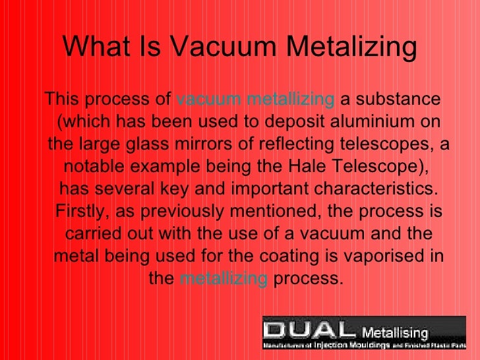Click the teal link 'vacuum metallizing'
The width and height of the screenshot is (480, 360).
[x=256, y=100]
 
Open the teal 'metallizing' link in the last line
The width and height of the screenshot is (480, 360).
[x=223, y=279]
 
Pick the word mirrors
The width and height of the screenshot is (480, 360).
[x=224, y=144]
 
